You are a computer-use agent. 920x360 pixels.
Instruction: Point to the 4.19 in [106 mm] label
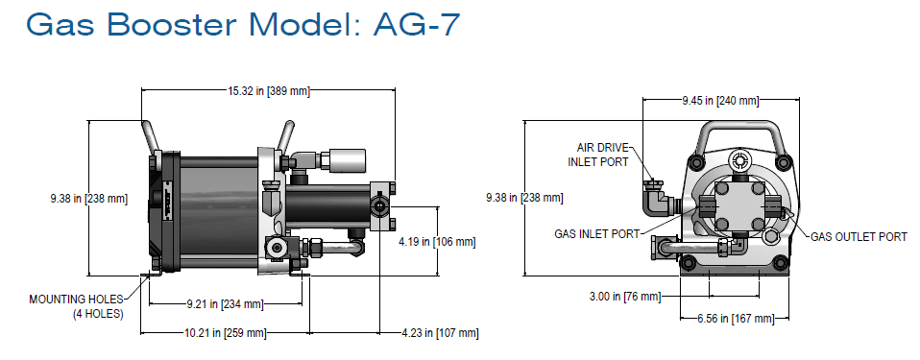point(437,242)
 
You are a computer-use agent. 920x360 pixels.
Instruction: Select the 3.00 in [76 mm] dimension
point(625,296)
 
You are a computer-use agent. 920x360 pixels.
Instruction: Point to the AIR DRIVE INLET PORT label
point(602,155)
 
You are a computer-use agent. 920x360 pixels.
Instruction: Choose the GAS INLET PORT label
point(594,232)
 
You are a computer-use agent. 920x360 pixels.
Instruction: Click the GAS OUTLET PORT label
point(859,236)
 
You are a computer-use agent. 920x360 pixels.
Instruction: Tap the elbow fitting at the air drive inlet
point(658,199)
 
